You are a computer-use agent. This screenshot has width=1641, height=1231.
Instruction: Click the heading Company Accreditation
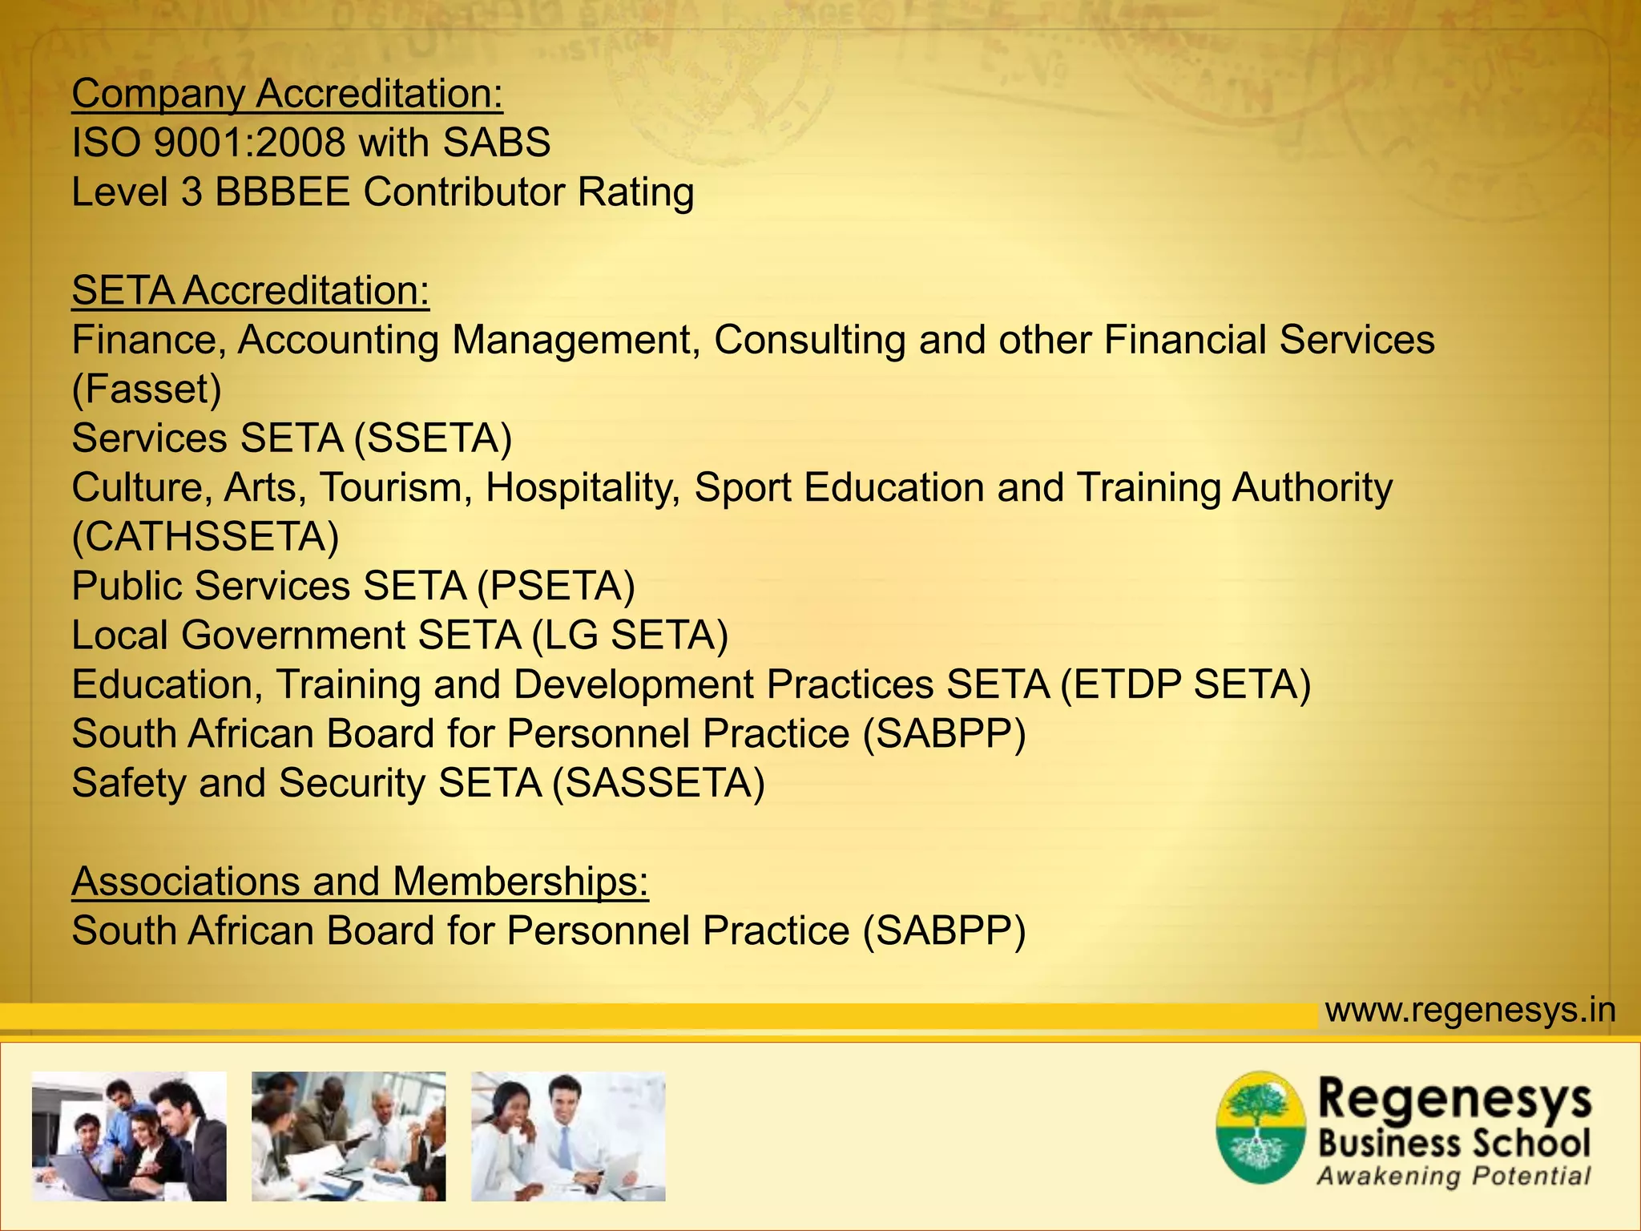click(287, 94)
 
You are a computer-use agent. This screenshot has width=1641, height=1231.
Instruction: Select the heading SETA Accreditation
click(250, 290)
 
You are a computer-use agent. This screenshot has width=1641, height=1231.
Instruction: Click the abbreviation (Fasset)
click(147, 389)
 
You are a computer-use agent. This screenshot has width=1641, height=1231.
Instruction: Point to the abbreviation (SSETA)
click(433, 438)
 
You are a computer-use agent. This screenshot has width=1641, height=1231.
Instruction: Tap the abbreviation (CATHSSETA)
click(205, 537)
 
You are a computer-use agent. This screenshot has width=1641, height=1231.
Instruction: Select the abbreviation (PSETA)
click(556, 586)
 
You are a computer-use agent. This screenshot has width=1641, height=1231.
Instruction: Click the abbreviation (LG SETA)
click(630, 636)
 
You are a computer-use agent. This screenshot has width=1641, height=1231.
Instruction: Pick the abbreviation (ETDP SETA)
click(1185, 684)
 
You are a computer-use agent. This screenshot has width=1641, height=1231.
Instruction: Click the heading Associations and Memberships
click(360, 882)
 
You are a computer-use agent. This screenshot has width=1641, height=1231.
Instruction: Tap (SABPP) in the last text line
click(944, 931)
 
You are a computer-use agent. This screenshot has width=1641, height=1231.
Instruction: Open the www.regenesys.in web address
click(1470, 1010)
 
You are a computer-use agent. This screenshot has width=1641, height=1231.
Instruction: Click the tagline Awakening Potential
click(1453, 1177)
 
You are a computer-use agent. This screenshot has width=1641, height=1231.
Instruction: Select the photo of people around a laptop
click(129, 1136)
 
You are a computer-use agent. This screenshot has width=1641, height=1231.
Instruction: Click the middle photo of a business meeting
click(349, 1136)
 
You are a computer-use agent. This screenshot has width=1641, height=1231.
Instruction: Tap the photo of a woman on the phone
click(568, 1136)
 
